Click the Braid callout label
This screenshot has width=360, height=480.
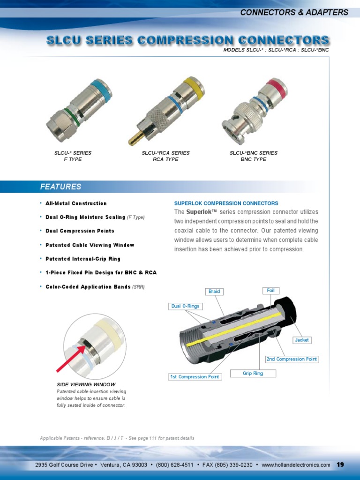214,292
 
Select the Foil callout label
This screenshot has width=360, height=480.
270,291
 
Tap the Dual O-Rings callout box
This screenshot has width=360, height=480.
185,306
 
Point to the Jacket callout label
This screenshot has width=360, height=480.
301,340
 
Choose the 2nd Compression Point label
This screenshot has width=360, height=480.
292,359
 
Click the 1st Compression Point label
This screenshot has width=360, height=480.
195,377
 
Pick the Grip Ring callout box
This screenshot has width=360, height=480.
253,374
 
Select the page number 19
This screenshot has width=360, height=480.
340,465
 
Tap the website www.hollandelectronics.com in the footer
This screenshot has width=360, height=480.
296,465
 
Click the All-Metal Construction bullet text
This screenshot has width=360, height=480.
76,203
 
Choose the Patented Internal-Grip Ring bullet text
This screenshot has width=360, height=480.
83,259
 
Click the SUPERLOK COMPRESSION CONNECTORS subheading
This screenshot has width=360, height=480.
226,203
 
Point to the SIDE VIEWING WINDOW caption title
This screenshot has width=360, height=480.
86,385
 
